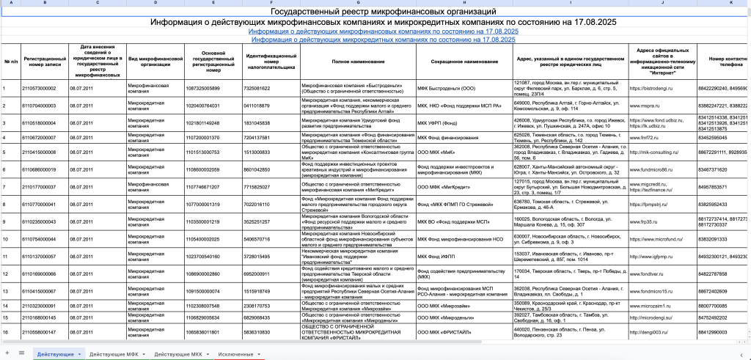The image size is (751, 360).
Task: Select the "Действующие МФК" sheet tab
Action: [111, 354]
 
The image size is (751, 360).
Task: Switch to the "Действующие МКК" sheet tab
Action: [177, 354]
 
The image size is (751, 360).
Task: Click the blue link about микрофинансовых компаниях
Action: [384, 32]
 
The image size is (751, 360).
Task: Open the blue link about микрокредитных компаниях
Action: [384, 40]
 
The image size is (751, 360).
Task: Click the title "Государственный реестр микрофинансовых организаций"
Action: [384, 12]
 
